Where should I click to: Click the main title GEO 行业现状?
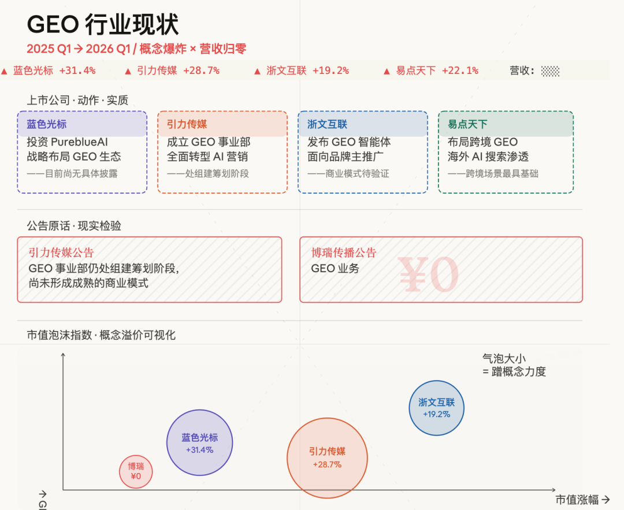[x=103, y=25]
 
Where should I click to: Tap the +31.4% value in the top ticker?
[x=77, y=70]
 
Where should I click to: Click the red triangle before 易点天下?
[x=387, y=71]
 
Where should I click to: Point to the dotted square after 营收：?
[x=550, y=71]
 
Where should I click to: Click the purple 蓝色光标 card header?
[x=82, y=124]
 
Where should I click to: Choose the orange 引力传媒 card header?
[x=222, y=124]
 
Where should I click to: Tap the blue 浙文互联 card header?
[x=363, y=124]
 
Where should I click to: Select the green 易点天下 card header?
[x=506, y=124]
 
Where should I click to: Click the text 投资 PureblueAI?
[x=67, y=142]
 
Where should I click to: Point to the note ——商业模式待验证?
[x=348, y=173]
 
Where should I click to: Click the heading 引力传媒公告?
[x=61, y=252]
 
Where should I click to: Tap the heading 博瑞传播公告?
[x=344, y=252]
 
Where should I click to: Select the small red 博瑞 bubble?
[x=136, y=471]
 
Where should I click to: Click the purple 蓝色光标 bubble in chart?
[x=199, y=443]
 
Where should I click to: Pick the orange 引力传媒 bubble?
[x=327, y=457]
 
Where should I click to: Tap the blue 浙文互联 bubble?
[x=436, y=408]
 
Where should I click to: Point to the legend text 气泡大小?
[x=504, y=359]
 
